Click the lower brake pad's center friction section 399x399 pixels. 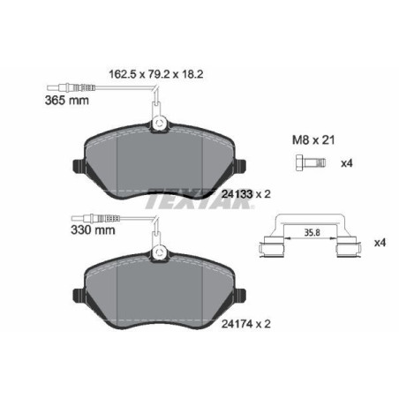pyautogui.click(x=159, y=296)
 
